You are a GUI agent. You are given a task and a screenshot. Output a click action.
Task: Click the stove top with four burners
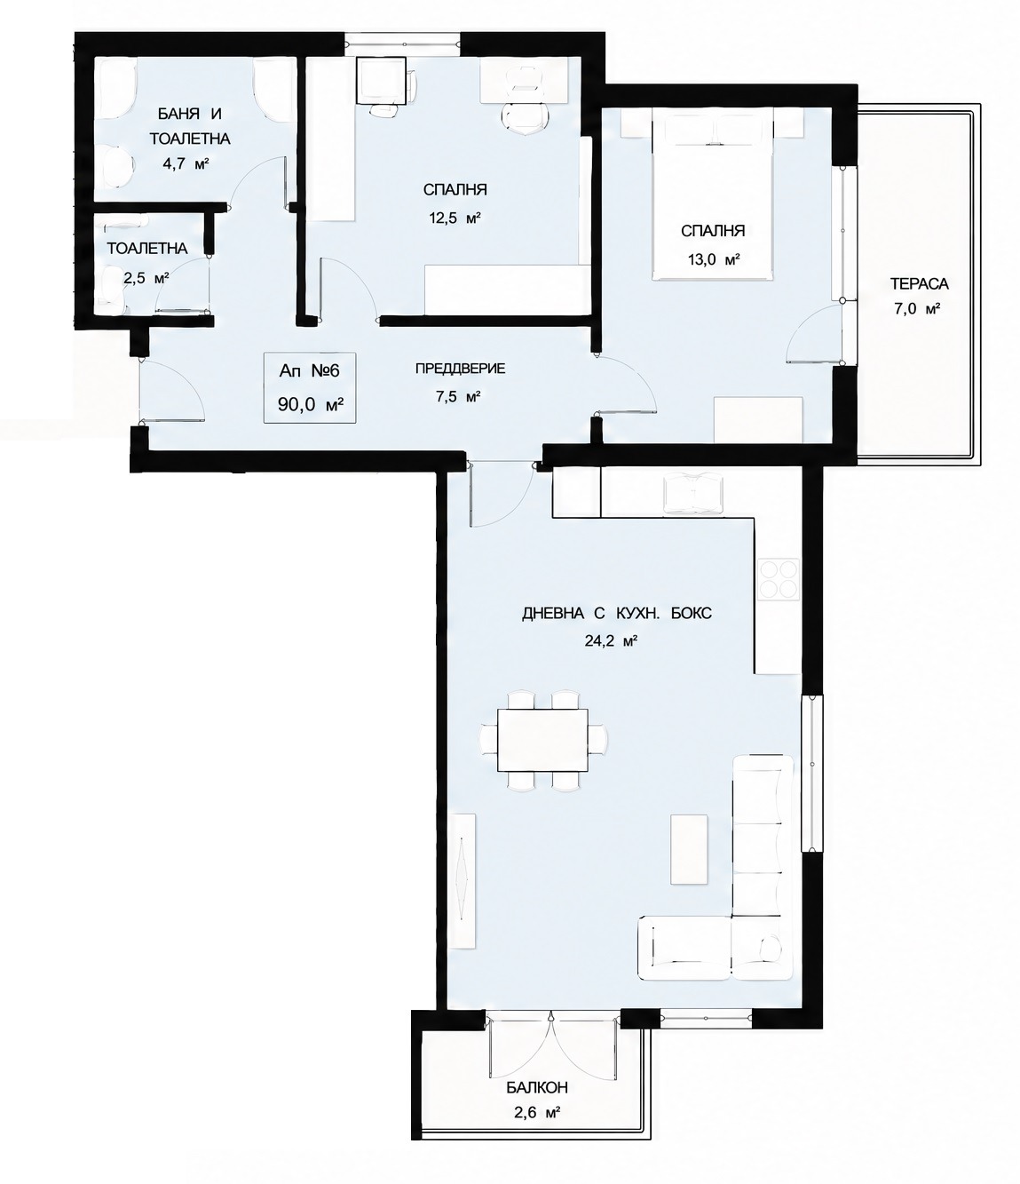pyautogui.click(x=779, y=580)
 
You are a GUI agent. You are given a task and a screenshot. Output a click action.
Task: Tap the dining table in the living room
pyautogui.click(x=542, y=740)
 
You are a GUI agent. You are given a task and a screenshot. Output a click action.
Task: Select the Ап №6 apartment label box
pyautogui.click(x=310, y=388)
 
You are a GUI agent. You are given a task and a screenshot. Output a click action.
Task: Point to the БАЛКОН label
pyautogui.click(x=537, y=1087)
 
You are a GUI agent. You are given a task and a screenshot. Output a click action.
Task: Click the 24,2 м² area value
pyautogui.click(x=611, y=641)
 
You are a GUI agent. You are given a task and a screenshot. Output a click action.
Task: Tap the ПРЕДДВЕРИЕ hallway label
pyautogui.click(x=460, y=369)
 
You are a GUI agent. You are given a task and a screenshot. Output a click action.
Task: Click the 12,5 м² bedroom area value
pyautogui.click(x=455, y=219)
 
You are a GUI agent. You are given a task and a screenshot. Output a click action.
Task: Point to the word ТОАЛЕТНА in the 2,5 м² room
pyautogui.click(x=147, y=249)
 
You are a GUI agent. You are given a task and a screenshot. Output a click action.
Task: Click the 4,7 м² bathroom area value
pyautogui.click(x=185, y=165)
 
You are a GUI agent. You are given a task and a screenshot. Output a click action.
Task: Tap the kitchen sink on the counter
pyautogui.click(x=692, y=494)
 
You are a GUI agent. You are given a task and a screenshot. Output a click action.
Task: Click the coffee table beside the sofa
pyautogui.click(x=689, y=849)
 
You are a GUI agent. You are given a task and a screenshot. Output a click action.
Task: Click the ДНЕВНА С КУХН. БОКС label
pyautogui.click(x=617, y=614)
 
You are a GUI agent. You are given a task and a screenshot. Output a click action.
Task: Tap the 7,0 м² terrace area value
pyautogui.click(x=918, y=309)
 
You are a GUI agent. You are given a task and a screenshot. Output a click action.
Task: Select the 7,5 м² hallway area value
pyautogui.click(x=457, y=396)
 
